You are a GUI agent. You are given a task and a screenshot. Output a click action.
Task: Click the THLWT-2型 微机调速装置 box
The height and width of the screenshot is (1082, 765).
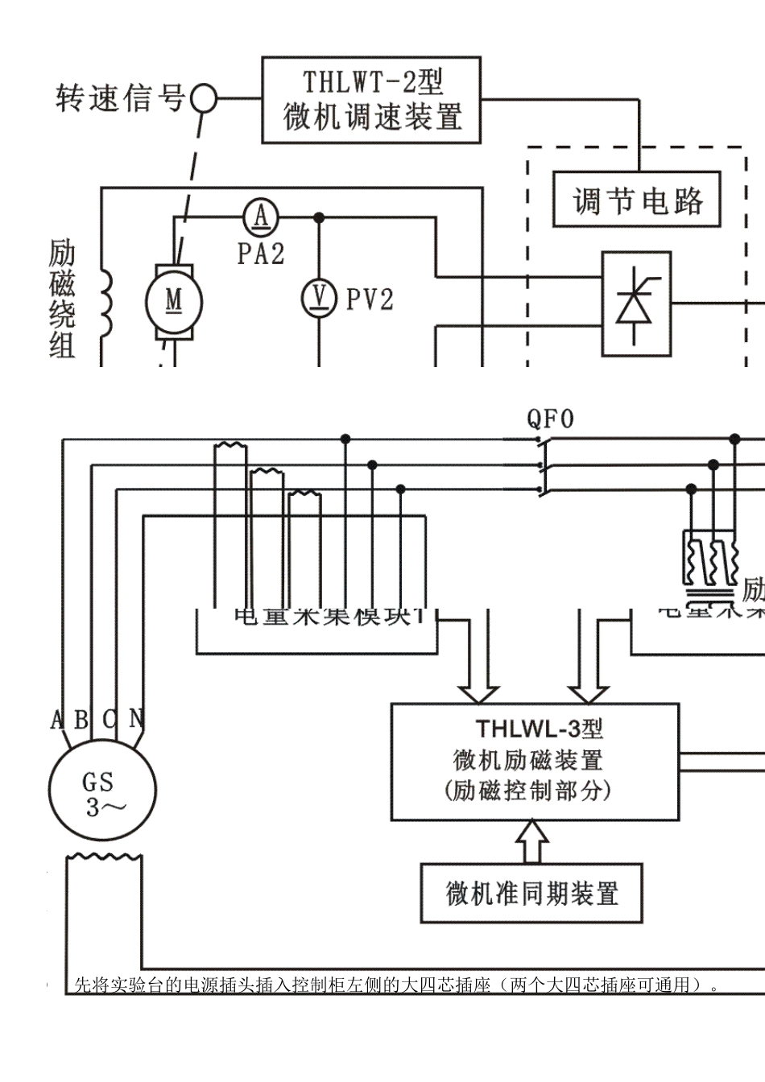(x=371, y=100)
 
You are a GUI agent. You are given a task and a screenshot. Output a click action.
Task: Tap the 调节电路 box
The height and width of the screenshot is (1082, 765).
(x=636, y=200)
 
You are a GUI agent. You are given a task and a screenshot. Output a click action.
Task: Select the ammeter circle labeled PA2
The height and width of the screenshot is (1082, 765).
(x=261, y=217)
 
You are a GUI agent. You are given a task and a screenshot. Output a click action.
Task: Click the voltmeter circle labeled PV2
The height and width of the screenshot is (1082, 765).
(x=319, y=299)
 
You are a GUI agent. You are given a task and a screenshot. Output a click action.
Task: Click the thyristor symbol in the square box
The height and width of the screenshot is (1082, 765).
(x=636, y=304)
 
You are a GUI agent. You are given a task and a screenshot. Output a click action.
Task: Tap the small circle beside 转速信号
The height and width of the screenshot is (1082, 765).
(x=202, y=99)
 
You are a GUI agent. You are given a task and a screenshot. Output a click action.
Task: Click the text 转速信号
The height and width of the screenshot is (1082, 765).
(x=120, y=99)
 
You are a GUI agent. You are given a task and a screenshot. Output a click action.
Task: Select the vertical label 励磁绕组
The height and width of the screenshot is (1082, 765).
(x=61, y=299)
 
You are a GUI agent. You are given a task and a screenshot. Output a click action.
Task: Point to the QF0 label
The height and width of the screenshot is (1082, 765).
(x=551, y=419)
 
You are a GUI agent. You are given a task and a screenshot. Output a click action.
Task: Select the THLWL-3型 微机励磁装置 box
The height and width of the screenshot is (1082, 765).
(x=534, y=762)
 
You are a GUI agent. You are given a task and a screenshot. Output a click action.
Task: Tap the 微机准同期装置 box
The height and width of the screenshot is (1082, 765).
(x=531, y=893)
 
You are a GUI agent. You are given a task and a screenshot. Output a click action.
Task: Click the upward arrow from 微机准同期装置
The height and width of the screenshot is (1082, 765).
(x=531, y=842)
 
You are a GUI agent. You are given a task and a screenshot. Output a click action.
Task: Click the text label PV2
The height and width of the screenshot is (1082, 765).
(x=370, y=300)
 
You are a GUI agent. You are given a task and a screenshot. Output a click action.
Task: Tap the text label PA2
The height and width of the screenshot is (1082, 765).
(x=261, y=254)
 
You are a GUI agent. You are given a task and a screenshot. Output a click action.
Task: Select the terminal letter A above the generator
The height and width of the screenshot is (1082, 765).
(x=57, y=718)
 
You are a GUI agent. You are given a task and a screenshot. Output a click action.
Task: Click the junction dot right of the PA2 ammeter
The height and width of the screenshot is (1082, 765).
(x=319, y=217)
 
